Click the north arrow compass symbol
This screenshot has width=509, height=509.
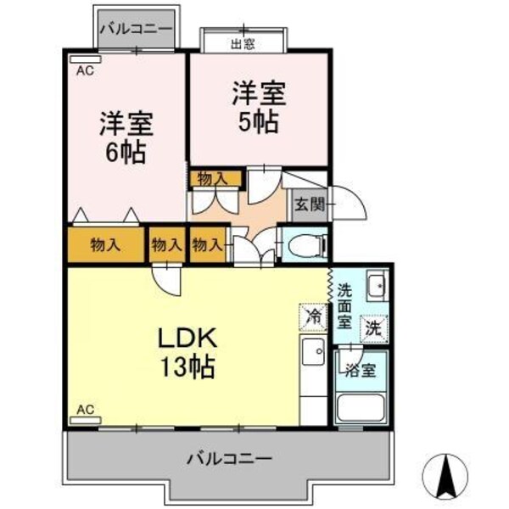pos(447,478)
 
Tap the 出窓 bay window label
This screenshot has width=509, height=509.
pos(243,42)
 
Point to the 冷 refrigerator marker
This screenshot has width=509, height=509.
pos(313,316)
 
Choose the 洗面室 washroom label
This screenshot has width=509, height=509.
pos(344,305)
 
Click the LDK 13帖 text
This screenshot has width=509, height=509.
pos(189,352)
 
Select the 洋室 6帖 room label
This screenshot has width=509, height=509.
pos(126,138)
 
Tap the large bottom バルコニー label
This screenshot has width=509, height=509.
pos(230,458)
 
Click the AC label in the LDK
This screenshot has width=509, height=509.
pos(85,410)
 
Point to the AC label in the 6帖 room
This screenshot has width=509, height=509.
pos(85,71)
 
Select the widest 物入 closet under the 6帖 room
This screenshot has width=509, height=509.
pos(105,245)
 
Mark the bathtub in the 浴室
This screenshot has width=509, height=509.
pos(361,407)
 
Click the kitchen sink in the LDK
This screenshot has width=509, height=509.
pos(312,350)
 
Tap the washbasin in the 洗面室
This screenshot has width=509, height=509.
pos(376,284)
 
